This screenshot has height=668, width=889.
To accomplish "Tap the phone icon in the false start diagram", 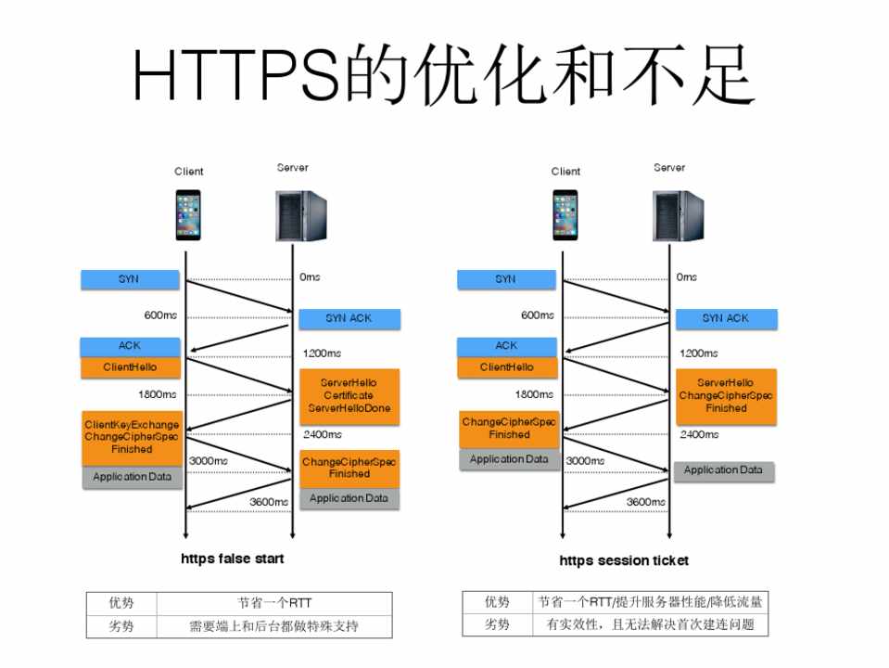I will click(188, 215).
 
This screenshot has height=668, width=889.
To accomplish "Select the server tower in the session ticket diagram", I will click(671, 215).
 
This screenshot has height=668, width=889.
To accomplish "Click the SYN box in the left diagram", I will click(129, 278).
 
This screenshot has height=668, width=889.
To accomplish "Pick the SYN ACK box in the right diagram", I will click(726, 318).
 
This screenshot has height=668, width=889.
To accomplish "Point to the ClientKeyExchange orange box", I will click(132, 437).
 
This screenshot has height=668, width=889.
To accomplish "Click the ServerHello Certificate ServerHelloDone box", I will click(349, 396).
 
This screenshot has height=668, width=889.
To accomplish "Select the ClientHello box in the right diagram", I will click(507, 367).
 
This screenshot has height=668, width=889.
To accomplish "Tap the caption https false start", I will click(233, 559).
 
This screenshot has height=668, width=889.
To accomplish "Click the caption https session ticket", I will click(624, 560).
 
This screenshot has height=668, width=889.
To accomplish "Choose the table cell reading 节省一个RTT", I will click(274, 602).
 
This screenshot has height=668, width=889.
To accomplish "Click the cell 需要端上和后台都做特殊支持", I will click(274, 626).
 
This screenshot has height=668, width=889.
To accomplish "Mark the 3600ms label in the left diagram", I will click(269, 502).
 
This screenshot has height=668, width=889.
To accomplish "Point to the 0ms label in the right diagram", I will click(687, 277).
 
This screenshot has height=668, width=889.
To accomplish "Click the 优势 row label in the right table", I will click(497, 601).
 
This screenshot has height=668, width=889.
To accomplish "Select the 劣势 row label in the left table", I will click(121, 626).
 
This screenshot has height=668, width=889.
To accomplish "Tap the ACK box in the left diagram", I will click(129, 346).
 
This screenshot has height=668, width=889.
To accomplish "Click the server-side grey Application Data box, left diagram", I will click(349, 498).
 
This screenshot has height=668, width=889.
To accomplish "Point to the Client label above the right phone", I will click(565, 172).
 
